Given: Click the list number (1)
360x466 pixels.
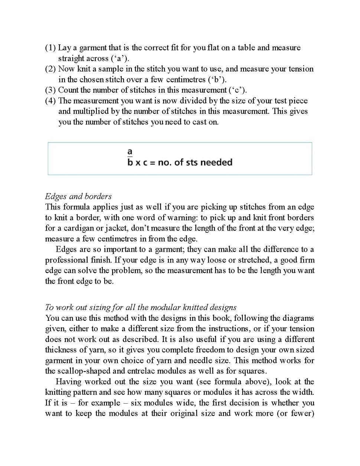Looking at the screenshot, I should coord(50,48).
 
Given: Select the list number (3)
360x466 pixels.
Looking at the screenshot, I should coord(50,90).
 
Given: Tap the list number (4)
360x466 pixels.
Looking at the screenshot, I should coord(50,101).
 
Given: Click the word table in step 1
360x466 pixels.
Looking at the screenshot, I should coord(246,48).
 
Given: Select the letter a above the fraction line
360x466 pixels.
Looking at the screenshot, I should coord(130,151).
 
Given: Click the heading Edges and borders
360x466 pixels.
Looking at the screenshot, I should coord(78,196).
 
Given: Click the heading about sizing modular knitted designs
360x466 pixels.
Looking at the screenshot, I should coord(141,307).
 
